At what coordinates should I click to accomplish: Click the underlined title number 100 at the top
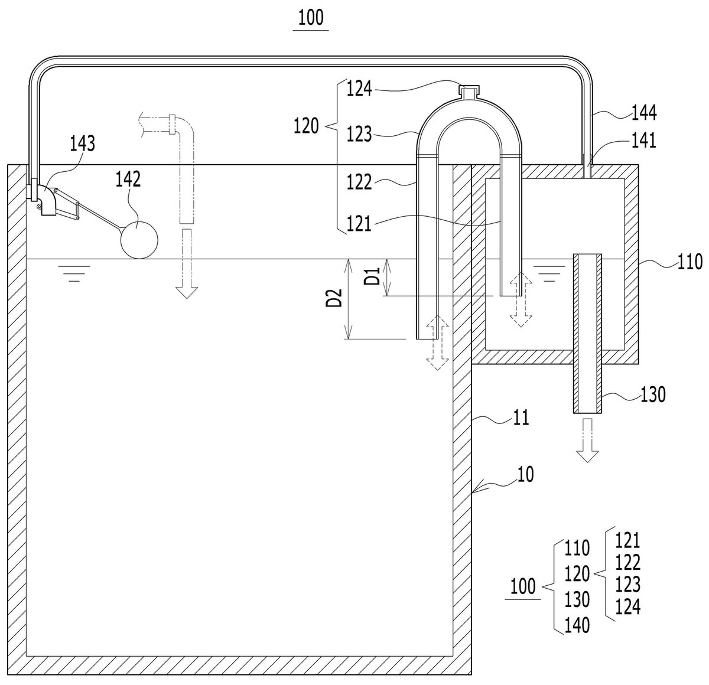pyautogui.click(x=311, y=18)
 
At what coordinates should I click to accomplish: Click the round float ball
pyautogui.click(x=139, y=240)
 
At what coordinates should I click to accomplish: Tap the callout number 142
pyautogui.click(x=128, y=179)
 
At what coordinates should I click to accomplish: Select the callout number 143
pyautogui.click(x=82, y=143)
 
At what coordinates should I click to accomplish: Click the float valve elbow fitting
pyautogui.click(x=48, y=200)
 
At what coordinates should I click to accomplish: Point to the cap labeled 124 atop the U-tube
pyautogui.click(x=469, y=92)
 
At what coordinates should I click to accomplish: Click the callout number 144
pyautogui.click(x=644, y=113)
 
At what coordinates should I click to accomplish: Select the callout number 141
pyautogui.click(x=643, y=140)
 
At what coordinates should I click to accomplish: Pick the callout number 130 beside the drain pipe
pyautogui.click(x=653, y=394)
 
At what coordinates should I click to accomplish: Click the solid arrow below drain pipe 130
pyautogui.click(x=587, y=441)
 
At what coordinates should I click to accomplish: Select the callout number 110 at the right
pyautogui.click(x=690, y=262)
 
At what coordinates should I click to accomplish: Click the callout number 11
pyautogui.click(x=521, y=417)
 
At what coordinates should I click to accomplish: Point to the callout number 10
pyautogui.click(x=525, y=474)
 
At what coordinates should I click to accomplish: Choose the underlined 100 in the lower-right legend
pyautogui.click(x=523, y=586)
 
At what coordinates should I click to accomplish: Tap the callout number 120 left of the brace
pyautogui.click(x=306, y=126)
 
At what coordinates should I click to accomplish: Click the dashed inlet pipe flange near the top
pyautogui.click(x=173, y=124)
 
